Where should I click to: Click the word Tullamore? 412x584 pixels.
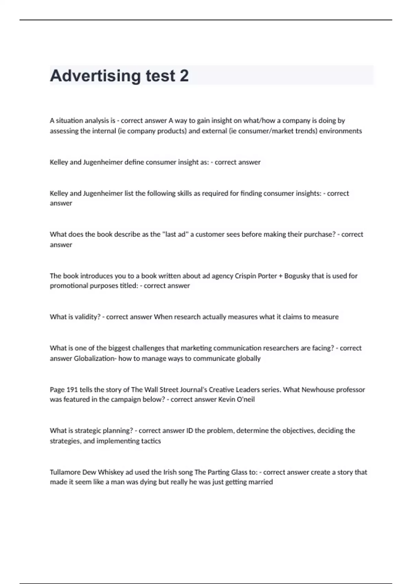65,472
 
